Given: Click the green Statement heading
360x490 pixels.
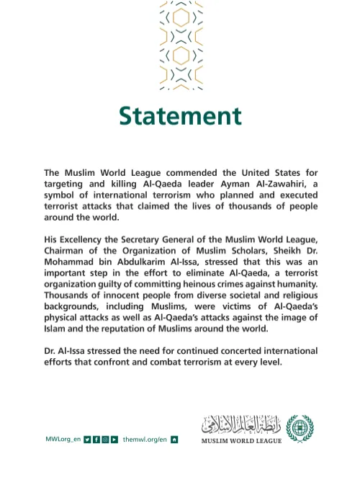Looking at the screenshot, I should click(x=180, y=116).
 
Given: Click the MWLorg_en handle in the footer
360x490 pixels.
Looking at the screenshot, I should click(x=63, y=439).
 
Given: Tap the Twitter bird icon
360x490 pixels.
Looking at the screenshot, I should click(x=87, y=439).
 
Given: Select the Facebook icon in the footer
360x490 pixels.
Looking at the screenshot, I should click(x=96, y=439).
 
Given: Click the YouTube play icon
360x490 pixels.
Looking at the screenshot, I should click(x=114, y=439).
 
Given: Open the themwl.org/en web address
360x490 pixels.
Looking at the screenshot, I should click(x=145, y=439).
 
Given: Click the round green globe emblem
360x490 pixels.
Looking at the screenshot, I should click(x=300, y=428).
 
